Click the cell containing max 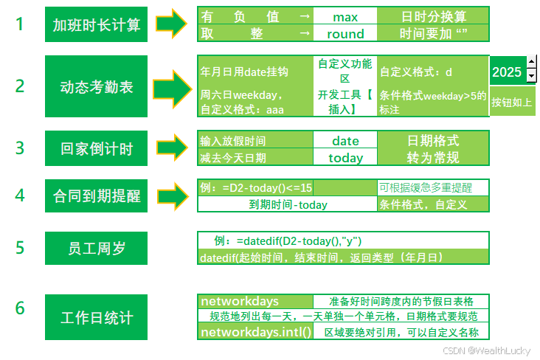tap(345, 16)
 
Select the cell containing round tap(345, 33)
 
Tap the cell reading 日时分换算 tap(433, 16)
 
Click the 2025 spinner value tap(507, 72)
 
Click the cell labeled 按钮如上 tap(511, 102)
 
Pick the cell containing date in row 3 tap(345, 140)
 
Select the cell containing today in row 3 tap(345, 157)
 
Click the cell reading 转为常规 tap(433, 157)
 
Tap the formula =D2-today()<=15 tap(256, 188)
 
